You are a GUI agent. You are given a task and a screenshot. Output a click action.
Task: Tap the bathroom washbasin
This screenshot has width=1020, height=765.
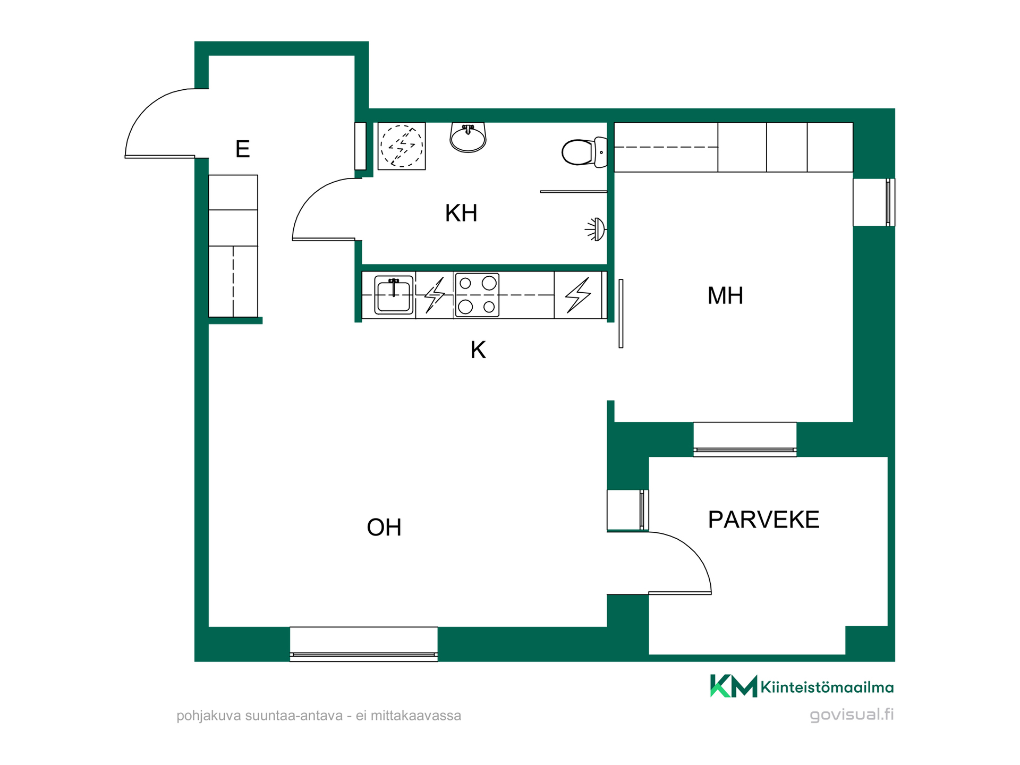(x=468, y=138)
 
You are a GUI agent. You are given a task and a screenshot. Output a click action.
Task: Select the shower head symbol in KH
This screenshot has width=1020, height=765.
(x=596, y=229)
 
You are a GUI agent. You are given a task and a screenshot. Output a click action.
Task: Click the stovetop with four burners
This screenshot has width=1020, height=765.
(x=477, y=295)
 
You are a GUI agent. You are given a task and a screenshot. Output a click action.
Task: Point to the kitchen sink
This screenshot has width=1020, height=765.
(x=394, y=295)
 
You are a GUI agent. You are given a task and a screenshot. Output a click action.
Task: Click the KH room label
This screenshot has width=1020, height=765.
(x=461, y=213)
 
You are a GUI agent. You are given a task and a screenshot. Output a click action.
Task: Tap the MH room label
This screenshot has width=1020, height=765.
(x=725, y=295)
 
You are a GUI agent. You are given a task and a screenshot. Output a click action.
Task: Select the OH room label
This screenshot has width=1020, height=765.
(x=384, y=528)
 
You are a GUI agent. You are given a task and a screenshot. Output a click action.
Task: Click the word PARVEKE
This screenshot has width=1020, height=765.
(x=763, y=520)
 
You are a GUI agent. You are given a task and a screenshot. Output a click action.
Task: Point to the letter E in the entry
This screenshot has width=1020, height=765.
(x=243, y=149)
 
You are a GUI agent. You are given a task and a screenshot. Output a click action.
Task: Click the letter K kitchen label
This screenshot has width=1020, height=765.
(x=478, y=350)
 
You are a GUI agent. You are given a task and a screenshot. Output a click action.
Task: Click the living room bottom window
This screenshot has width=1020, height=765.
(x=364, y=644)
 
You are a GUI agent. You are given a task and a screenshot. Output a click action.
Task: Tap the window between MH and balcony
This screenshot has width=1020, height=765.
(x=745, y=439)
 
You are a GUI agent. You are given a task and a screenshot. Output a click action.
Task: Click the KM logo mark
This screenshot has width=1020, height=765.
(x=734, y=686)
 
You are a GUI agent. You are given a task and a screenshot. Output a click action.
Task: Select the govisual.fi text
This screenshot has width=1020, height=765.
(x=852, y=715)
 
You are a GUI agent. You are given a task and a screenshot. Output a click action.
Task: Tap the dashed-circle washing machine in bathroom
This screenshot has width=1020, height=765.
(x=402, y=146)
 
